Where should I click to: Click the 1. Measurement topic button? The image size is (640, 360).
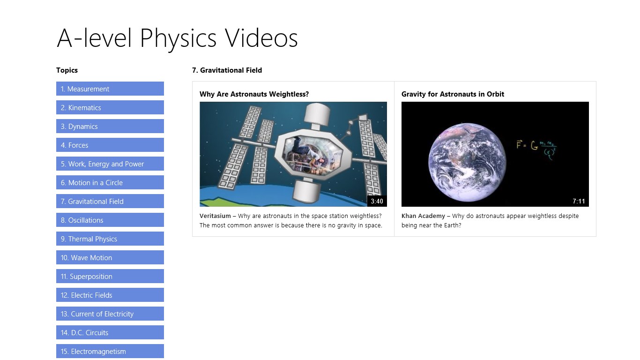click(x=110, y=89)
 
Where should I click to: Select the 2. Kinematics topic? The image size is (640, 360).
click(x=110, y=107)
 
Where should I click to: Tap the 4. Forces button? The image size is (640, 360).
click(x=110, y=145)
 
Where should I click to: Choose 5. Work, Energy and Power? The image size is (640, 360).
click(x=110, y=164)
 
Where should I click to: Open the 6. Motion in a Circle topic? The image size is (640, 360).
click(x=110, y=182)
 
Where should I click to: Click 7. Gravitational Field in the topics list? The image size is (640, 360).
click(x=110, y=201)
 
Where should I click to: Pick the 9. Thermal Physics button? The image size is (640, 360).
click(x=110, y=239)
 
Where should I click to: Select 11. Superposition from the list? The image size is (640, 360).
click(x=110, y=276)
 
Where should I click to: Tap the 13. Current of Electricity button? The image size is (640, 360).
click(x=110, y=314)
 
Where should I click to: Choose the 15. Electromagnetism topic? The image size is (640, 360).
click(x=110, y=351)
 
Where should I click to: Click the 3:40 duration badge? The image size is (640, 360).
click(x=377, y=201)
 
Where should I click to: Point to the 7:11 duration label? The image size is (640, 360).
click(x=579, y=201)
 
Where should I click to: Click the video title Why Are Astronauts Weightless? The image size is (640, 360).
click(x=254, y=94)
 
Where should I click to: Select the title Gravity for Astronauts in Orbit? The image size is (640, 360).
click(x=453, y=94)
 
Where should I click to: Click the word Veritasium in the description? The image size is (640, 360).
click(x=215, y=216)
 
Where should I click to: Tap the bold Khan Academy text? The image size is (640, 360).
click(x=423, y=216)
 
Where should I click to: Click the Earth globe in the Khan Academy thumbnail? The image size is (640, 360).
click(x=467, y=162)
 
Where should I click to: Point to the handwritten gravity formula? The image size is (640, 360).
click(x=536, y=149)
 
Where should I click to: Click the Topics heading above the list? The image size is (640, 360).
click(x=67, y=70)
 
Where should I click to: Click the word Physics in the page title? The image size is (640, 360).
click(x=178, y=38)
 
